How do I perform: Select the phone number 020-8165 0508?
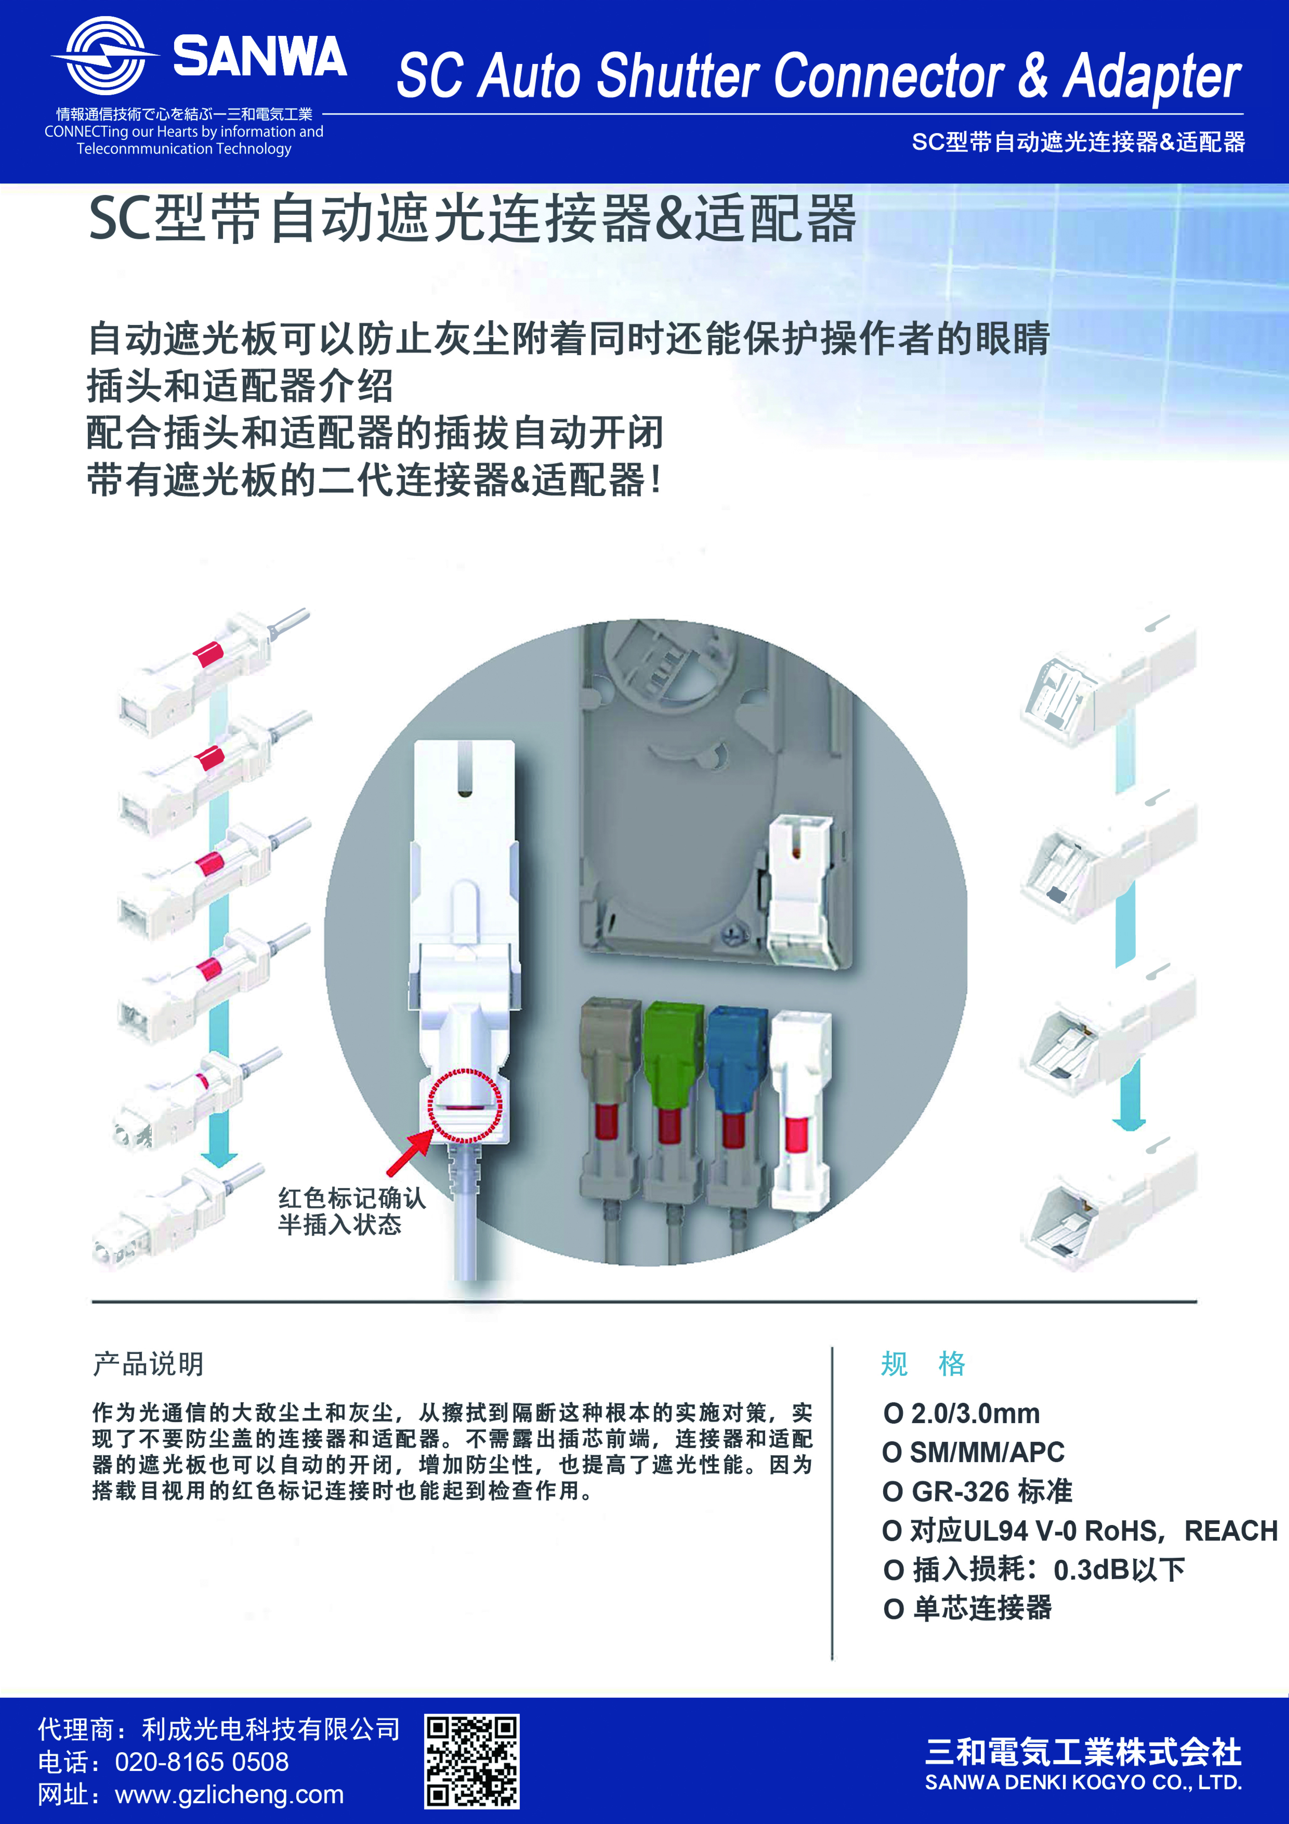click(202, 1762)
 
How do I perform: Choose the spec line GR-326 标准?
click(978, 1491)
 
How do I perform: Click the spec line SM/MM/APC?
click(974, 1452)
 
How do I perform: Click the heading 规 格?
click(924, 1363)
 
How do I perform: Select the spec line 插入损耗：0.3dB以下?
click(1034, 1569)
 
